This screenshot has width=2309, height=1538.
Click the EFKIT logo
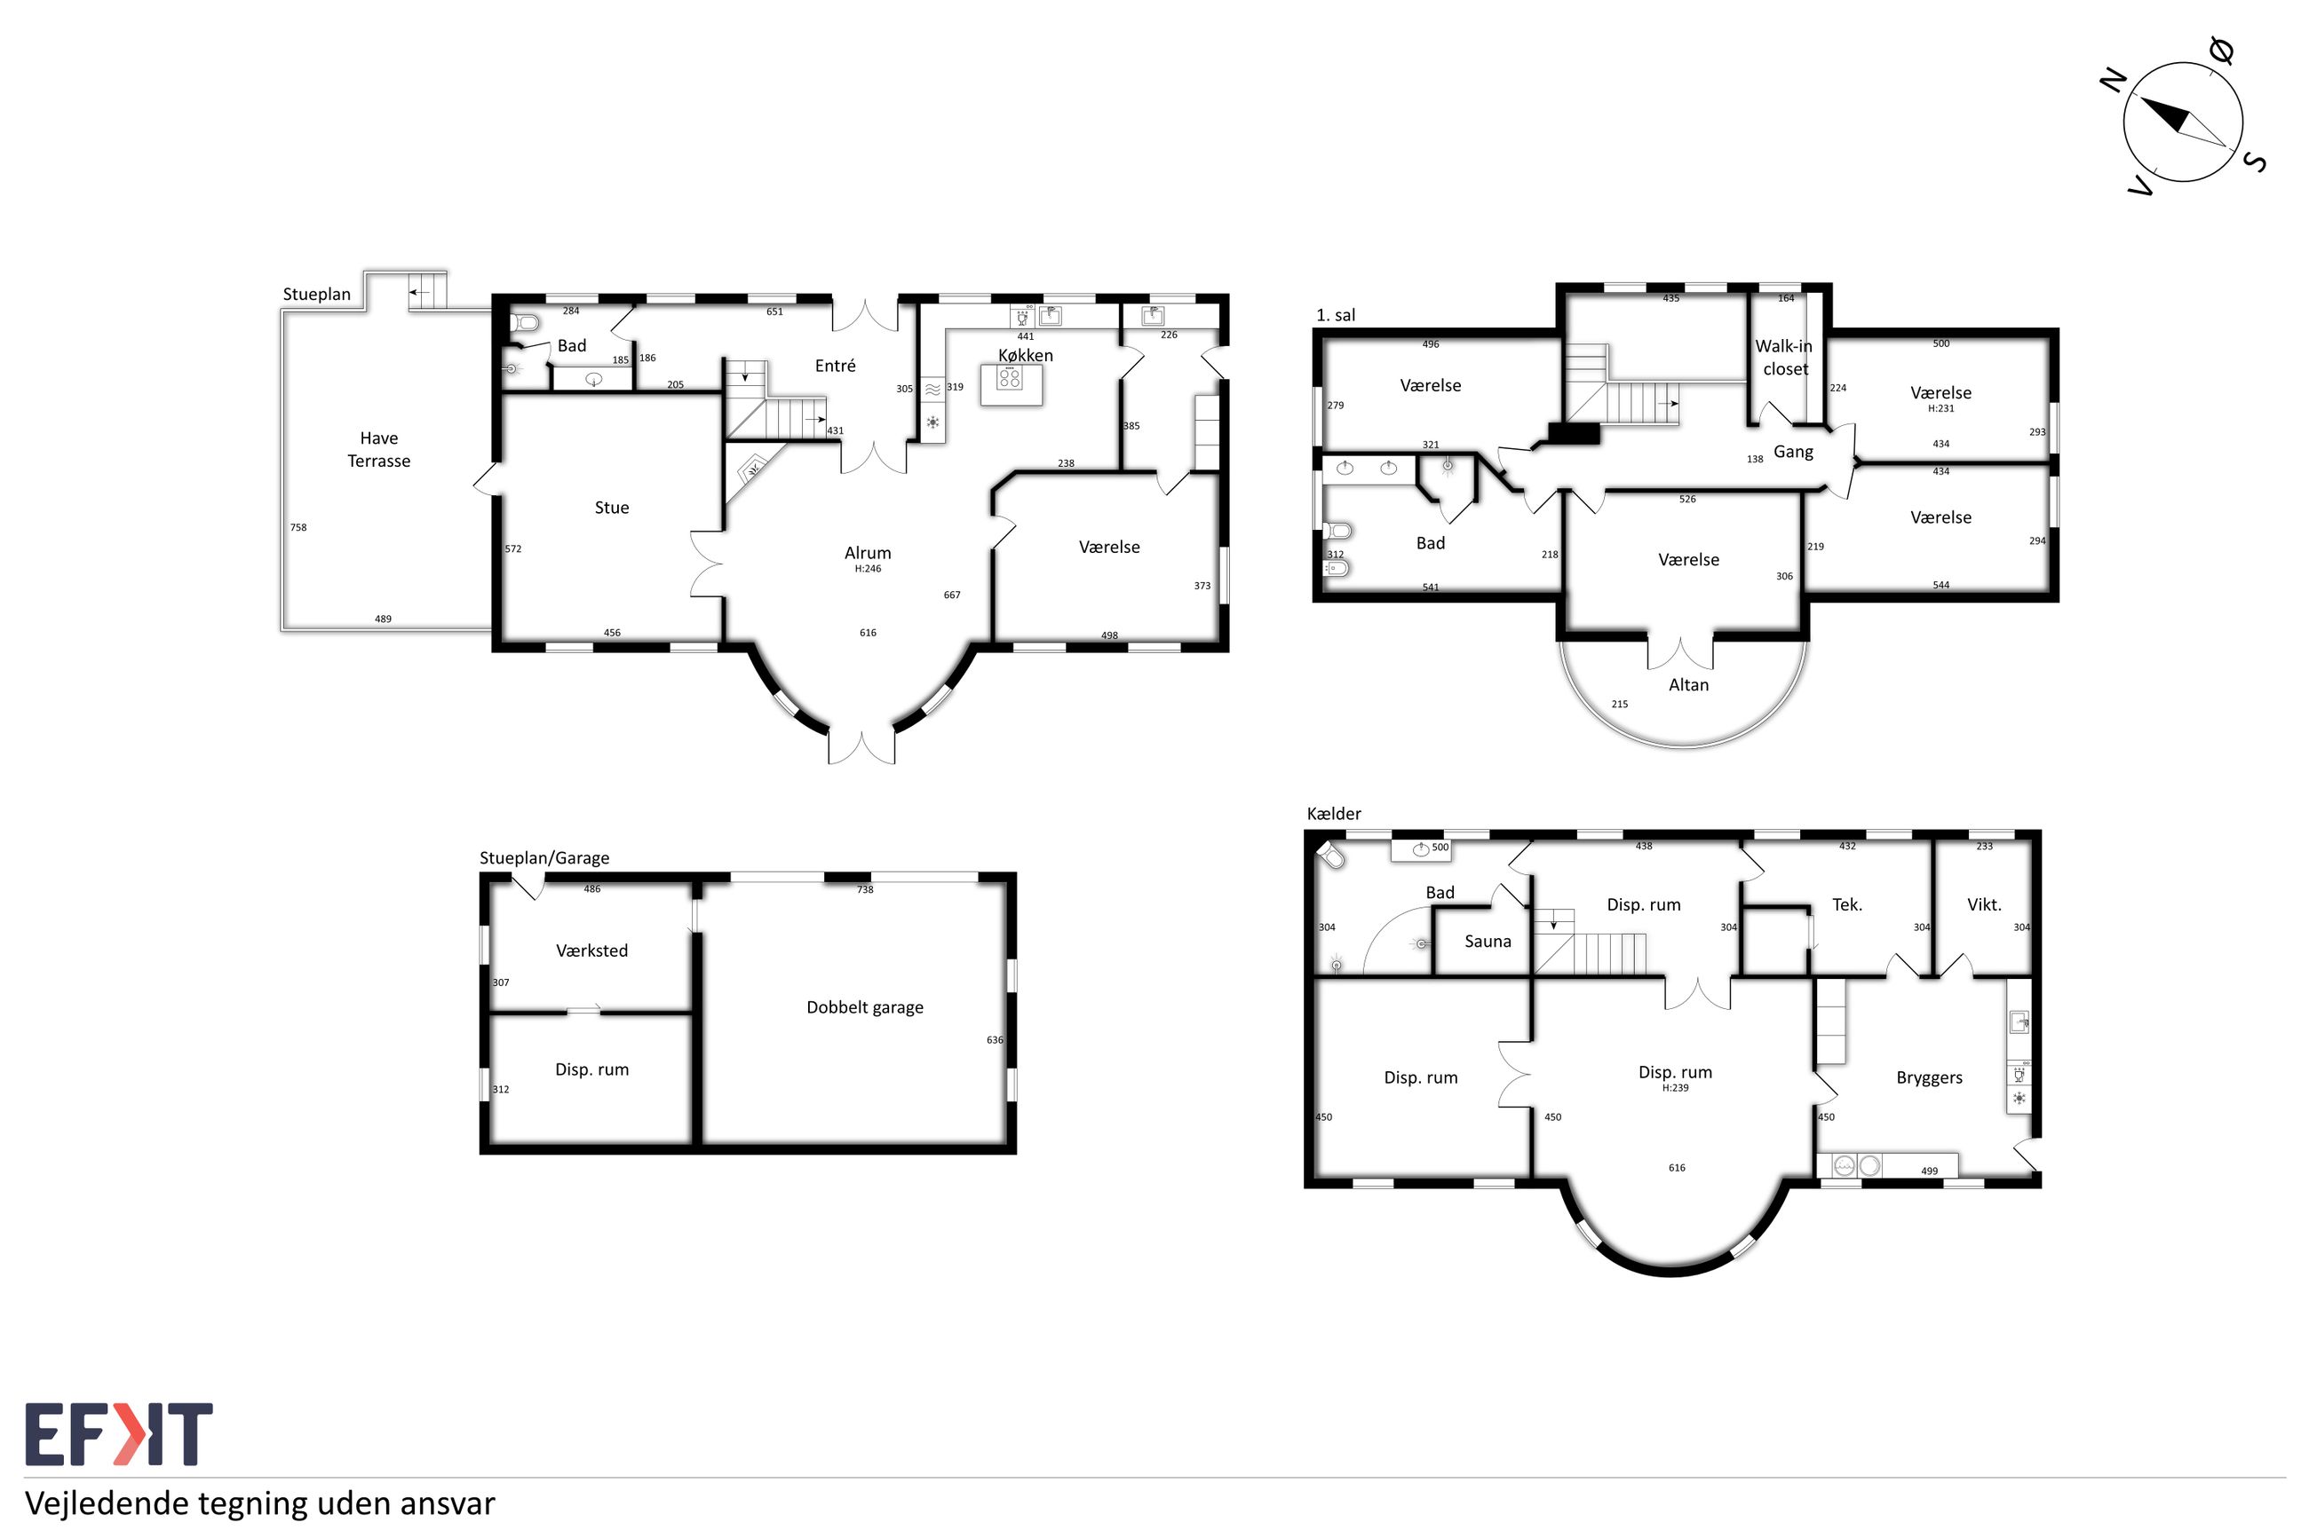[x=118, y=1434]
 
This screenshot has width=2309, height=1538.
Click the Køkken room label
[x=1026, y=355]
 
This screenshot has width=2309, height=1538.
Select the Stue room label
[x=611, y=507]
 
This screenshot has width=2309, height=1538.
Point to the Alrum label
[x=868, y=552]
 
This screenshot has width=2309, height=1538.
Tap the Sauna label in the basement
[x=1488, y=941]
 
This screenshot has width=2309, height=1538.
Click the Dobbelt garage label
[x=864, y=1007]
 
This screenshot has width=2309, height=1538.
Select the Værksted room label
[x=591, y=950]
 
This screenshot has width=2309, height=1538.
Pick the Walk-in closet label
[x=1784, y=357]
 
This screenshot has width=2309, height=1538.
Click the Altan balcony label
[x=1688, y=684]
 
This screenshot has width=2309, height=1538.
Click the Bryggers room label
[x=1929, y=1078]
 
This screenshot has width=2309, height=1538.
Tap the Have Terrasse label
[x=379, y=449]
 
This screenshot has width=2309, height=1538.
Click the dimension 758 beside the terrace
[x=298, y=528]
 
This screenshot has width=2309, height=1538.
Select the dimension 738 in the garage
[x=864, y=889]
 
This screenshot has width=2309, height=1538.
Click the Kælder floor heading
[x=1334, y=813]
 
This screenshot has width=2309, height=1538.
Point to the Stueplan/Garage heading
[x=544, y=857]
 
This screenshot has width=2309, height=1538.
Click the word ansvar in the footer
[x=448, y=1503]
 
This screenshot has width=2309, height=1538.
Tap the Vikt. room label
[x=1984, y=904]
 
